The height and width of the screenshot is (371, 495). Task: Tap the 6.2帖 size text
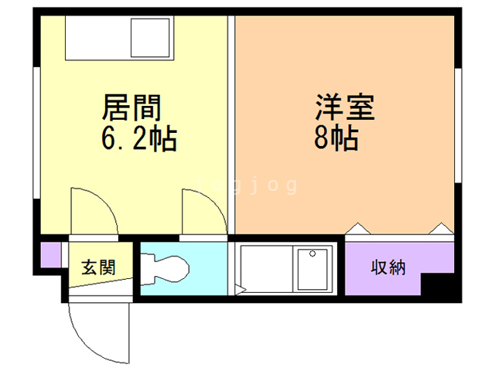[x=139, y=139]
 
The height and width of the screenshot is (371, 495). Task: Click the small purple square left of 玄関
[x=49, y=255]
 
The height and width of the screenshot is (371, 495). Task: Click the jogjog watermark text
[x=247, y=185]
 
